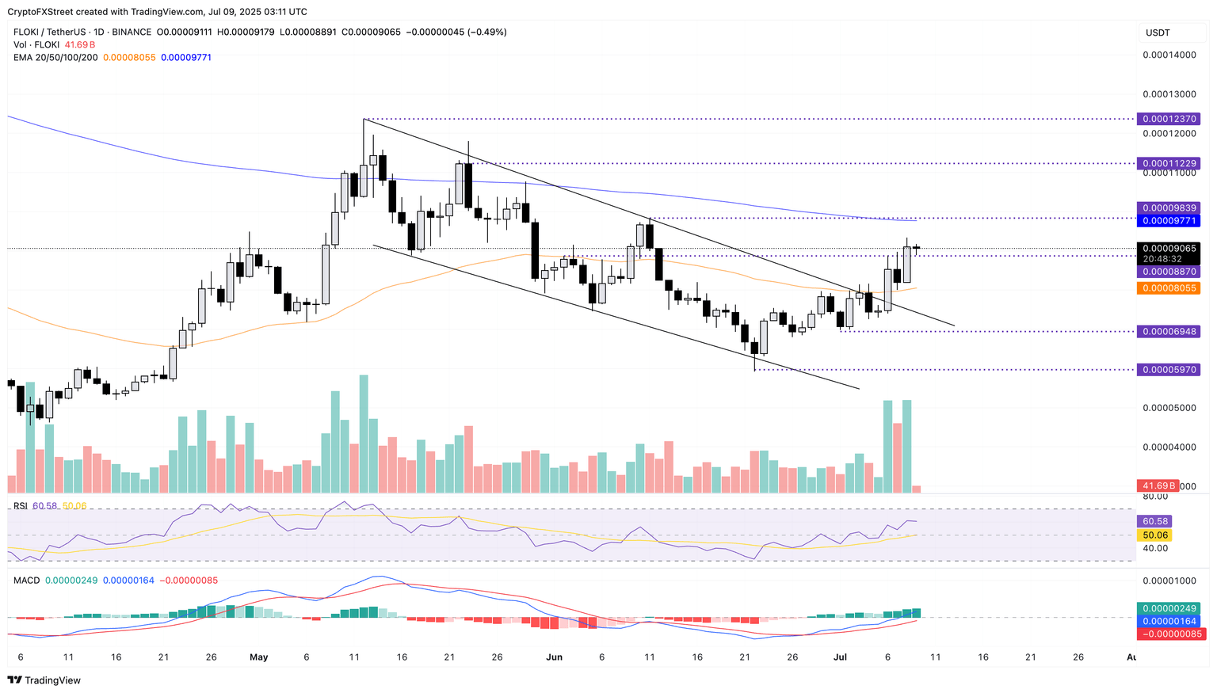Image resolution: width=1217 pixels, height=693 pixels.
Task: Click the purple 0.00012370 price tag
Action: (x=1168, y=119)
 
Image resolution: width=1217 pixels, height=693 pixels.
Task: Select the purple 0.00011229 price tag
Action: (x=1168, y=164)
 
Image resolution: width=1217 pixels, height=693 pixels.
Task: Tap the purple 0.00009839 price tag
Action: (x=1168, y=208)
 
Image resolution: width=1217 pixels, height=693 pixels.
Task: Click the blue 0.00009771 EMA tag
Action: (x=1168, y=221)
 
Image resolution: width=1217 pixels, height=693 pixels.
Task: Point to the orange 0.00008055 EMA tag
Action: (x=1168, y=288)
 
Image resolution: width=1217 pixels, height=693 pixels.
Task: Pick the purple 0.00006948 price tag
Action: (x=1168, y=331)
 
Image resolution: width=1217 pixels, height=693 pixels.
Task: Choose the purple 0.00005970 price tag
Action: (x=1168, y=370)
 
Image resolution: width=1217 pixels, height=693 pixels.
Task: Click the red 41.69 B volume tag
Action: (x=1157, y=485)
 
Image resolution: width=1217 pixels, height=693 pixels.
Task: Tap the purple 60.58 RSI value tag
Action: (x=1153, y=521)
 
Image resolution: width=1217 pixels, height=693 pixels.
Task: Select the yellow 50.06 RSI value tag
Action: (x=1153, y=535)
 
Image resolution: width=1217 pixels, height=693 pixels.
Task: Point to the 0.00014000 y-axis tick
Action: (x=1168, y=55)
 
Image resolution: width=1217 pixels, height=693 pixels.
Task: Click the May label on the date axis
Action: (x=259, y=657)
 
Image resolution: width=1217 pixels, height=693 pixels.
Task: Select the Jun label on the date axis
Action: (x=554, y=657)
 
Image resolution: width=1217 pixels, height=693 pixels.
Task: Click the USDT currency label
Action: (x=1157, y=32)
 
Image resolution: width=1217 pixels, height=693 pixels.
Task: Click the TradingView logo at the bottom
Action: (x=44, y=680)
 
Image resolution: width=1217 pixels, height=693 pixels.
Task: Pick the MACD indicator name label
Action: (x=27, y=581)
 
